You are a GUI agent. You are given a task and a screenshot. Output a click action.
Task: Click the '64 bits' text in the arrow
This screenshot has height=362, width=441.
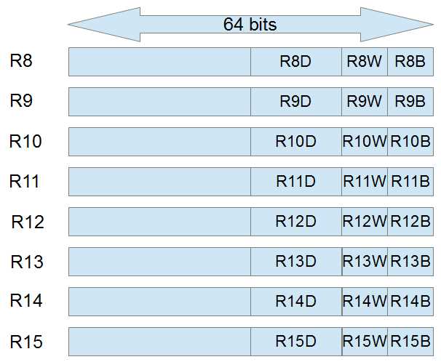coord(250,24)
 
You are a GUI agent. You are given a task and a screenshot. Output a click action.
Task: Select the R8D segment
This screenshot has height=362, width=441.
coord(295,62)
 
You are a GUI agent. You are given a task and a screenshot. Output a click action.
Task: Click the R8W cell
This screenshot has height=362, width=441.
coord(364,62)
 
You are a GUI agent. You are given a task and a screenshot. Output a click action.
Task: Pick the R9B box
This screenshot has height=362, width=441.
coord(410,102)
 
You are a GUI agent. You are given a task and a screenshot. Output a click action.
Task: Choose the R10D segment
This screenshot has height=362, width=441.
coord(295,142)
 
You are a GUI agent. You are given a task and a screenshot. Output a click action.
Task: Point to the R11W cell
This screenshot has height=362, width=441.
coord(365,182)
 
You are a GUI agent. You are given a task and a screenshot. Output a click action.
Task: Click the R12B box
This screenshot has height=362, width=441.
coord(410,221)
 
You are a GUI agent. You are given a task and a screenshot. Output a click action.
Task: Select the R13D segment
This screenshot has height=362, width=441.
coord(295,261)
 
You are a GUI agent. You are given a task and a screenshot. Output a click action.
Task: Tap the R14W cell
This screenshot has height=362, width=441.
coord(365,301)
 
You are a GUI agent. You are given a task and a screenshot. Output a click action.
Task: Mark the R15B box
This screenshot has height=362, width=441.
coord(410,341)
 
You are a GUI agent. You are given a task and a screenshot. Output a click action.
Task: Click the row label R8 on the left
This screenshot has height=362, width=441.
coord(21,61)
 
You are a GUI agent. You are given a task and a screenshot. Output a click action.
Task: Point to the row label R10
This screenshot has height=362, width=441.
coord(25,141)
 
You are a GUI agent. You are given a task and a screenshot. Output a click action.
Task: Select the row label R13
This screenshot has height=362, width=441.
coord(26,261)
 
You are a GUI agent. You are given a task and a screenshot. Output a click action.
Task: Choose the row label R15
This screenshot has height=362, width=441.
coord(26,341)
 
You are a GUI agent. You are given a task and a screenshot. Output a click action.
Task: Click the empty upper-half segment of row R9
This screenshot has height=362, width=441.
coord(159,102)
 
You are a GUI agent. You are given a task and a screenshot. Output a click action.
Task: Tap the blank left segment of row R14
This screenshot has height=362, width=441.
coord(159,301)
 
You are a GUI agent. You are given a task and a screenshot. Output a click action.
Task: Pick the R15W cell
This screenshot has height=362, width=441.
coord(365,341)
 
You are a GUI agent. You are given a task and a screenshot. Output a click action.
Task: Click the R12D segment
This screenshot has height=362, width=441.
coord(295,221)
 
